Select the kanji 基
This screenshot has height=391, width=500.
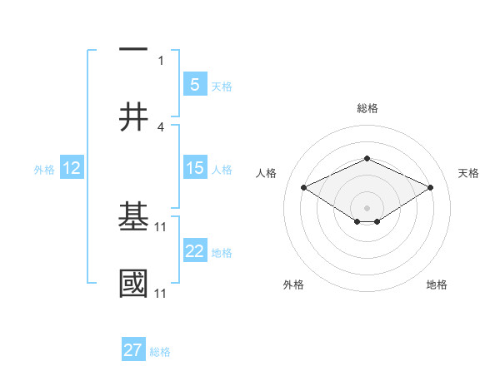point(133,217)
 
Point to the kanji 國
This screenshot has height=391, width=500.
point(133,284)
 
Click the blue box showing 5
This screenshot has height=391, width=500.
point(194,84)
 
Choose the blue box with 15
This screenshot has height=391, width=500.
point(194,168)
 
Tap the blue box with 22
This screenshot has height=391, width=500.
point(194,251)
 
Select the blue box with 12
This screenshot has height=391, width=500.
point(71,168)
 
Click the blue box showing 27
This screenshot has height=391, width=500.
point(133,350)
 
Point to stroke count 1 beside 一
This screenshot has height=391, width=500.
point(161,60)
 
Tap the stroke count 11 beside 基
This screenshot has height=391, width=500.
point(161,226)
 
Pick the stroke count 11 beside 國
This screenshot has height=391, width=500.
point(161,293)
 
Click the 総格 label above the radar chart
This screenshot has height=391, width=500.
point(367,108)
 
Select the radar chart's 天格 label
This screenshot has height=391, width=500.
point(468,173)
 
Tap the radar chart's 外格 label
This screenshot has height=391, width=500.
point(293,285)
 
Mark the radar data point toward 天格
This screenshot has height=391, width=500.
point(430,188)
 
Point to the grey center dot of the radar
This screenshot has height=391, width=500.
point(367,207)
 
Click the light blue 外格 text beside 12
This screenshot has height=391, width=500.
point(44,169)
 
